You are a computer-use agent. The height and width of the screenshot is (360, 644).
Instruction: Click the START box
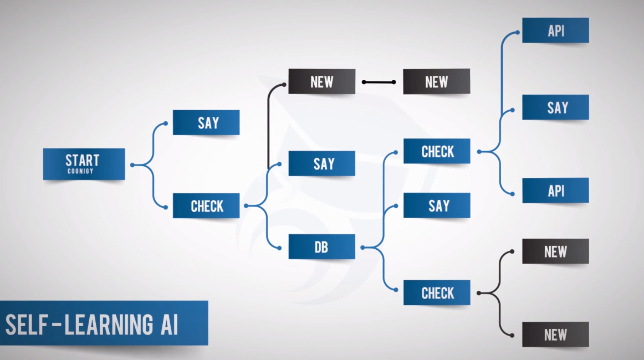84,163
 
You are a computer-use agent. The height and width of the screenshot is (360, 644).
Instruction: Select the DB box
321,247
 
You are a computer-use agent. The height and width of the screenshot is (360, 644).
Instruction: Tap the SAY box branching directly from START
206,122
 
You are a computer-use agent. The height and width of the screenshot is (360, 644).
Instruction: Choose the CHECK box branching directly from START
206,206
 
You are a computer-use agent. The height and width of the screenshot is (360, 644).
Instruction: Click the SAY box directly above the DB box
321,164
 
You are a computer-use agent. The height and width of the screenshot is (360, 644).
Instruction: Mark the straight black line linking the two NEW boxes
379,82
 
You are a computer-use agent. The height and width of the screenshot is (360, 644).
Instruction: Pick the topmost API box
555,30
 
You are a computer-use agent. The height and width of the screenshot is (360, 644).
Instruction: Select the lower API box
555,191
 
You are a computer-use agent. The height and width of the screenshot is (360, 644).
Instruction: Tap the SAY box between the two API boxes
555,107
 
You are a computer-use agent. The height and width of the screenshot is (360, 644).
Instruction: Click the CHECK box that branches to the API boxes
437,151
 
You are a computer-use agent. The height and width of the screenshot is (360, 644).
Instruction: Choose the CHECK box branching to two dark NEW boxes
437,292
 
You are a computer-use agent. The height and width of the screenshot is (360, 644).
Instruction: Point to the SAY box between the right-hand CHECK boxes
437,205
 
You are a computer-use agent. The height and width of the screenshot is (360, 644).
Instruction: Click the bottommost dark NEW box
555,335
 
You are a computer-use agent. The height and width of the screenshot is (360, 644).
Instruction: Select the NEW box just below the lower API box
555,251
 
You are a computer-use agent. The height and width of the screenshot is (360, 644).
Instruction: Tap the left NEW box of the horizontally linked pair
321,81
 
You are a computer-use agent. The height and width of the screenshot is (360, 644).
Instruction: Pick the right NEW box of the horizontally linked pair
436,81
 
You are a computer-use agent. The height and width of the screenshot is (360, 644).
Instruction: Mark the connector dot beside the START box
132,164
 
